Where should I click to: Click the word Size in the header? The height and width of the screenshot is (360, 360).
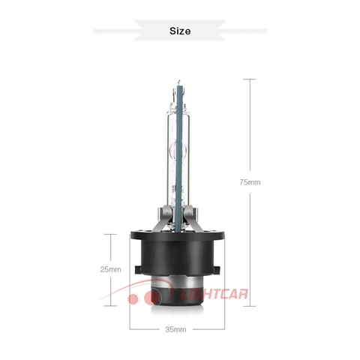point(180,31)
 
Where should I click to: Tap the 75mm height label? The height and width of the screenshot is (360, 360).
point(250,182)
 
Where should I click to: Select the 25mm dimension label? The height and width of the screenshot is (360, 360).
point(109,269)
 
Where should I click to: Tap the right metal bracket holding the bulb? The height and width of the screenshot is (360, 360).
point(199,217)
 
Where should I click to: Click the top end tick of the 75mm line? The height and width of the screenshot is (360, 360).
point(250,78)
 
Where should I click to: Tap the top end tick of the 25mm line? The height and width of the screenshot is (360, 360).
point(109,234)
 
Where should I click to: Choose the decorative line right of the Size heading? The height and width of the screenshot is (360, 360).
point(240,31)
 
